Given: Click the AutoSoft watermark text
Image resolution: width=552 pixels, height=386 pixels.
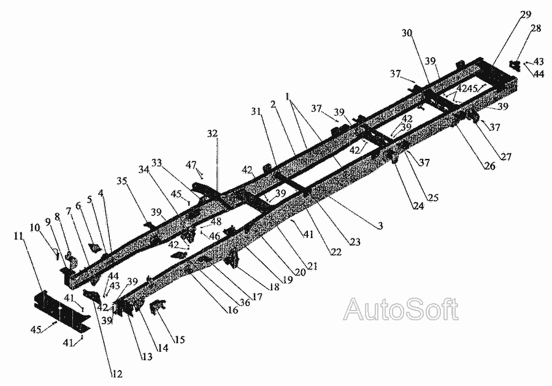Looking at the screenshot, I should click(x=401, y=309).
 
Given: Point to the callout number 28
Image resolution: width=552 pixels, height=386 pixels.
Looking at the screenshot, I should click(x=535, y=28).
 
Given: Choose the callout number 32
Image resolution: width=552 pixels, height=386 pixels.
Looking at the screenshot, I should click(x=212, y=133).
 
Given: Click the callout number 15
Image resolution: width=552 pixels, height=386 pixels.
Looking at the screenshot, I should click(x=179, y=339).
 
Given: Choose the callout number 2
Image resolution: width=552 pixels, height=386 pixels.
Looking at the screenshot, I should click(x=274, y=105).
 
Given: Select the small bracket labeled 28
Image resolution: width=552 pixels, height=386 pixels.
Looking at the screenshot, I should click(x=517, y=63).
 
